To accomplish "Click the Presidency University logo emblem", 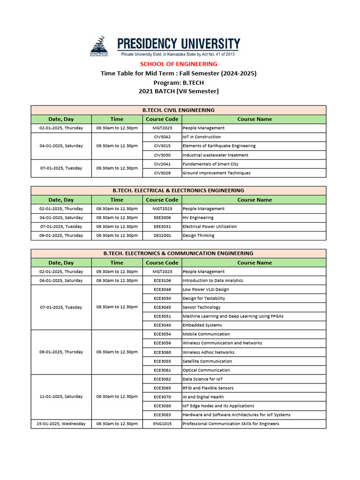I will pos(99,46).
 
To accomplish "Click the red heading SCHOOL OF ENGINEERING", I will pos(178,64).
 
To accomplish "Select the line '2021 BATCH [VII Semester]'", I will pos(178,91).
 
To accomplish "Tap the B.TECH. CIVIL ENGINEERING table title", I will pos(178,110).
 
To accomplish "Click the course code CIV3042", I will pos(162,137).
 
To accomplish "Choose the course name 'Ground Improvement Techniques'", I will pos(216,173).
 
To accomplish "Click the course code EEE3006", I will pos(162,217).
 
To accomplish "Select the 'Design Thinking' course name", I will pos(198,235).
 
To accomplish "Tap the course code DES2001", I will pos(162,235).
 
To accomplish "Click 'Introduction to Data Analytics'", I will pos(212,280).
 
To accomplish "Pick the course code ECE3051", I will pos(162,316).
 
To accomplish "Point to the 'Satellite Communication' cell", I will pos(207,361).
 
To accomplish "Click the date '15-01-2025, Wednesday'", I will pos(61,424).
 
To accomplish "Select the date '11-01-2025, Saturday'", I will pos(61,397).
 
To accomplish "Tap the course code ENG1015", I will pos(162,424).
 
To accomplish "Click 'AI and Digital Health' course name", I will pos(203,397).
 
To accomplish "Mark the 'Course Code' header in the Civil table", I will pos(162,119).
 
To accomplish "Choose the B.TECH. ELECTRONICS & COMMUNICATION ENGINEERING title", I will pos(178,254).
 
